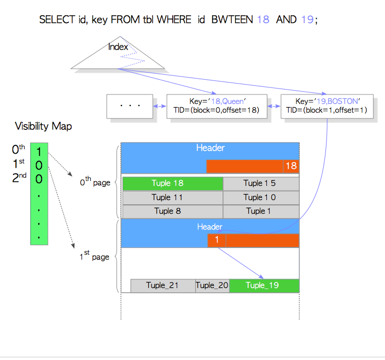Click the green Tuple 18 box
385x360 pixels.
pos(173,184)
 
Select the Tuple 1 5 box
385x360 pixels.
pos(261,184)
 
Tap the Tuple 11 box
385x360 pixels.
pos(173,198)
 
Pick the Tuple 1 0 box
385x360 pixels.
pos(261,198)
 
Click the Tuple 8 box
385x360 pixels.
pos(173,211)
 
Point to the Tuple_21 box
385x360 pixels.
pos(163,286)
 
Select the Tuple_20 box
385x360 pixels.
pos(212,286)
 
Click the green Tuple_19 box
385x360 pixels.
pos(264,286)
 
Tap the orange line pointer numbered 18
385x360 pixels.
pos(291,166)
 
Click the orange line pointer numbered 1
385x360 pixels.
pos(217,240)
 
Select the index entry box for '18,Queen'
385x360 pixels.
pos(217,107)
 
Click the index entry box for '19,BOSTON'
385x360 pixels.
pos(327,107)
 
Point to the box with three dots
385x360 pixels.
pos(130,107)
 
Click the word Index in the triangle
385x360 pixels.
pos(118,46)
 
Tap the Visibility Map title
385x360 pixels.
pos(43,127)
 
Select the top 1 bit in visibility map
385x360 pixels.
pos(39,152)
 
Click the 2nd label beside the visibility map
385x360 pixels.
pos(19,178)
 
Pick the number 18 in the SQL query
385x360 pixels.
pos(263,20)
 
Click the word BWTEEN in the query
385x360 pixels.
pos(232,20)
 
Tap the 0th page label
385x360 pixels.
pos(95,182)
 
